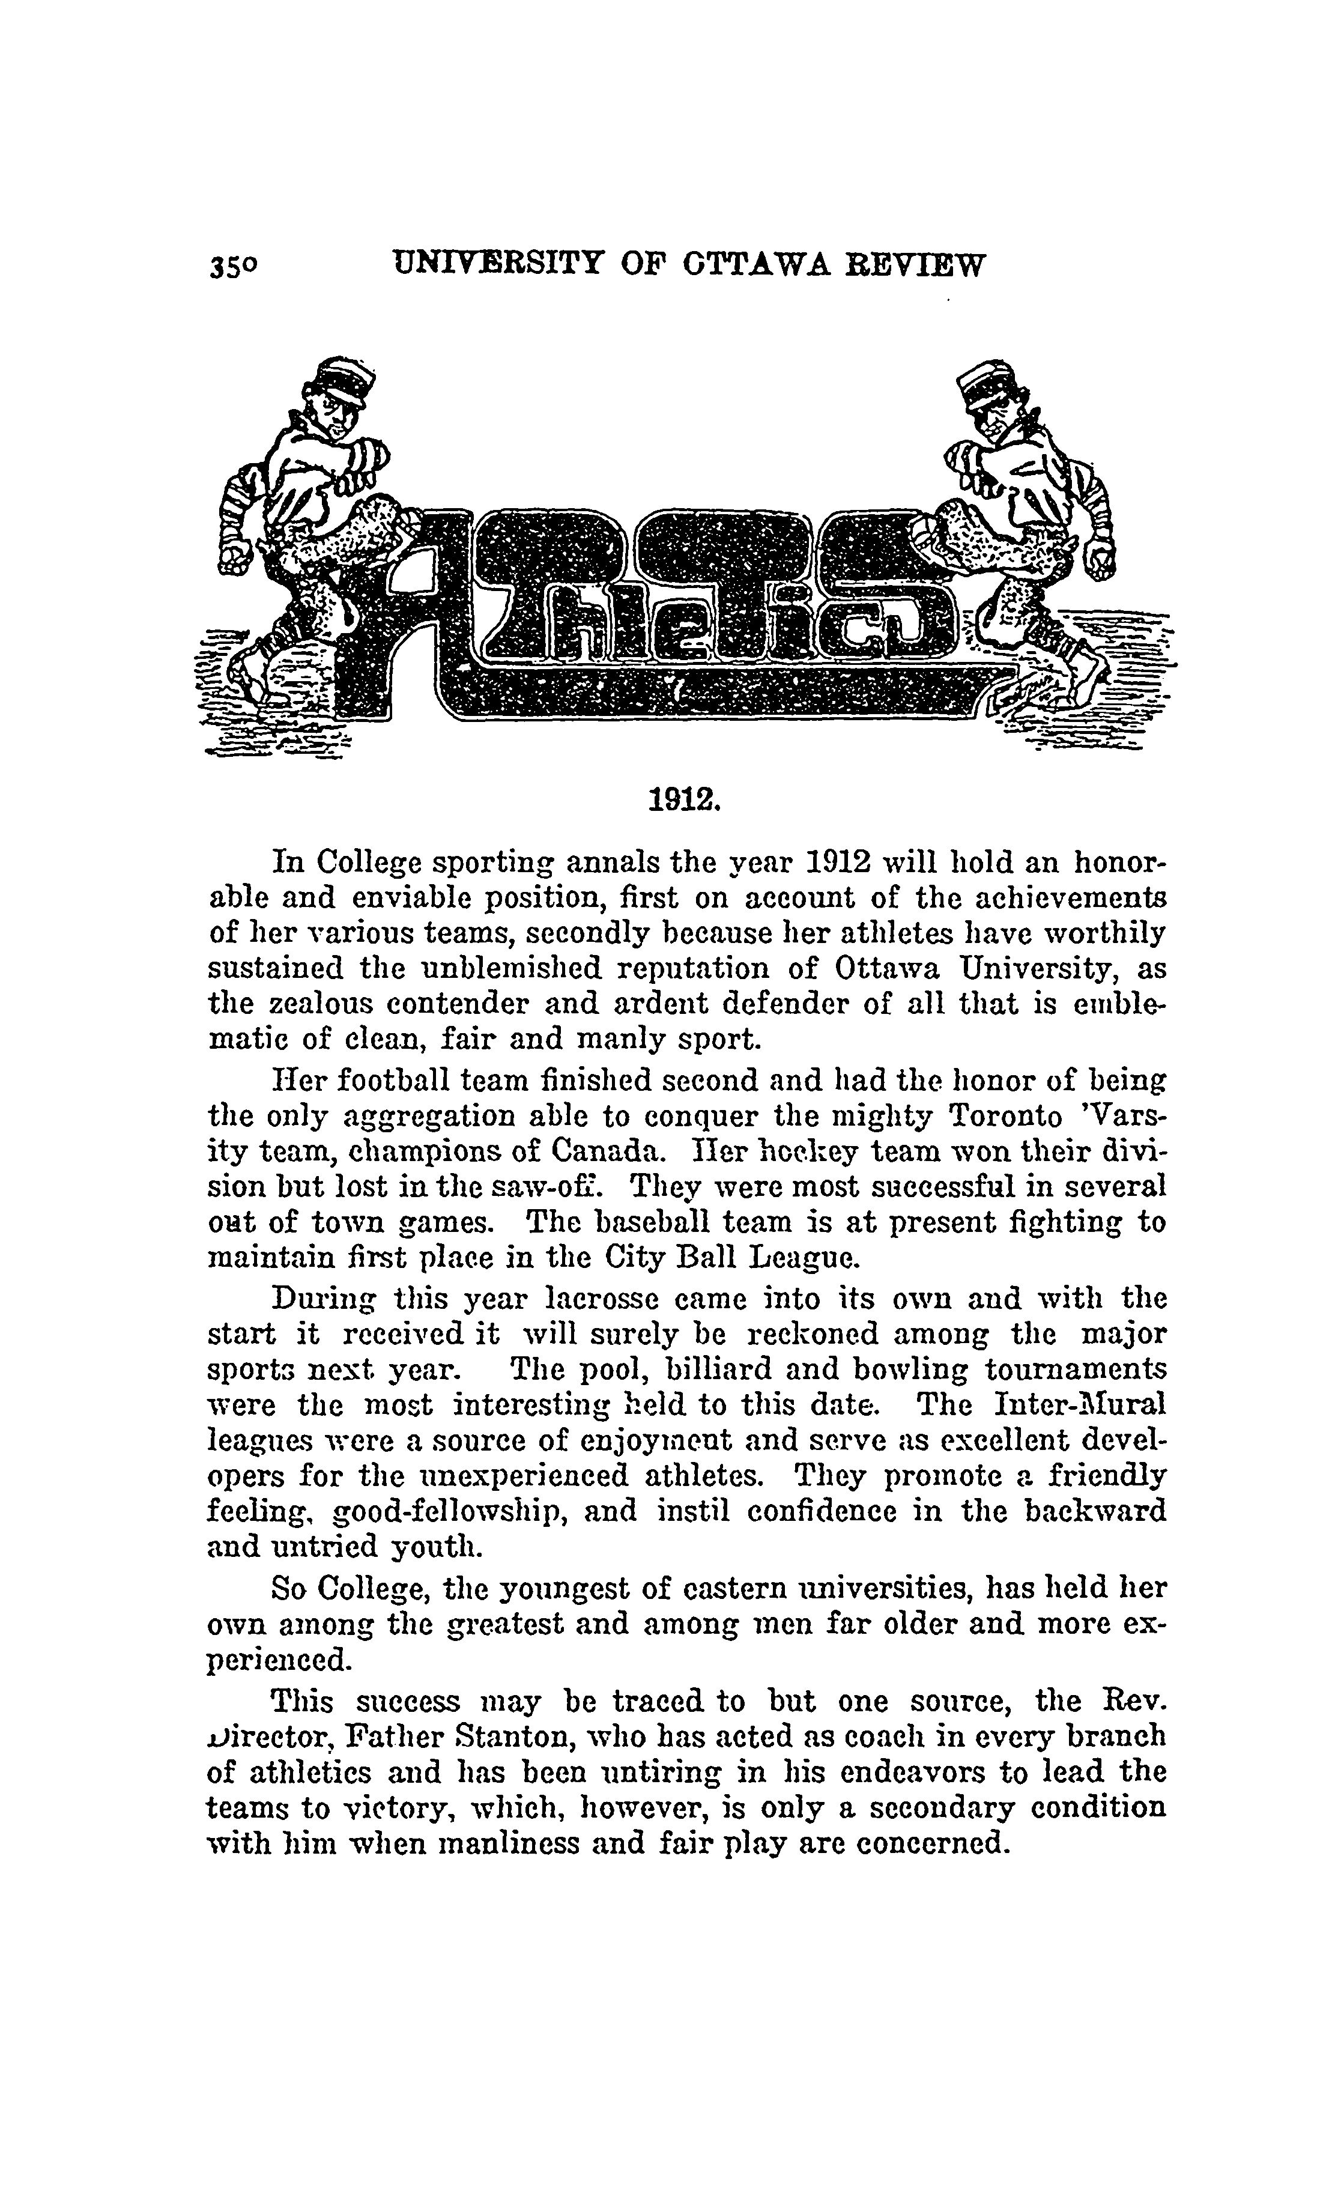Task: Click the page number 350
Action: (x=234, y=267)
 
